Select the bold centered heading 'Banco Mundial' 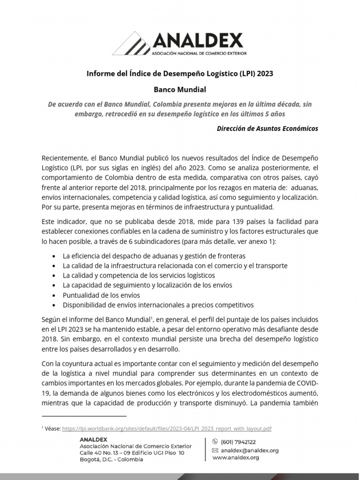click(180, 89)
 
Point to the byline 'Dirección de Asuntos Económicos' click(267, 128)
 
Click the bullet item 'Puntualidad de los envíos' click(101, 295)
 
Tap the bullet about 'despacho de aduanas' click(154, 256)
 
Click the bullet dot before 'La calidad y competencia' click(55, 276)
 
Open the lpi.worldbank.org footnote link click(167, 428)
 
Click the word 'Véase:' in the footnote click(53, 428)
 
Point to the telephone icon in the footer click(215, 442)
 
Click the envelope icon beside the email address click(215, 450)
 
